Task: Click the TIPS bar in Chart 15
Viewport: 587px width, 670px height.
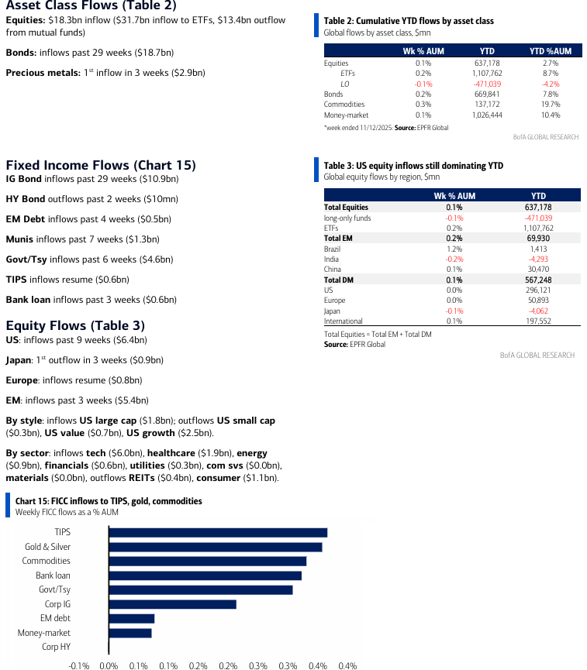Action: tap(218, 532)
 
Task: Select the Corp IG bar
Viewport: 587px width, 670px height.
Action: tap(172, 604)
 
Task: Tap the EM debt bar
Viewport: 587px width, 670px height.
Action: tap(132, 618)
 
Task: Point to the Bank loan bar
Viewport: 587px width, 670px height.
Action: tap(205, 576)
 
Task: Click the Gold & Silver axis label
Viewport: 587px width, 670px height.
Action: tap(47, 547)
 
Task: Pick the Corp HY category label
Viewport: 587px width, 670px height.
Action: tap(56, 647)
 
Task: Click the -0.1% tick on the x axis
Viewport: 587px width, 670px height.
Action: tap(79, 665)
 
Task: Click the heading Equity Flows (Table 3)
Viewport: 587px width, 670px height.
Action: tap(75, 325)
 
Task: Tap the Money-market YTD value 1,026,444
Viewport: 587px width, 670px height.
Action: tap(487, 115)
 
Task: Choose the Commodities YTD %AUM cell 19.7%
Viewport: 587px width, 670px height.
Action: tap(550, 105)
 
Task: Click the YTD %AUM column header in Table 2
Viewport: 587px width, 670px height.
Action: tap(550, 51)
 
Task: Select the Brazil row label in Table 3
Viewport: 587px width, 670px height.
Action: tap(333, 249)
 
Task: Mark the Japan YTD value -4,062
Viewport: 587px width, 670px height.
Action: tap(538, 311)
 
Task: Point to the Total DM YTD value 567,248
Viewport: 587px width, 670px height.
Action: tap(538, 280)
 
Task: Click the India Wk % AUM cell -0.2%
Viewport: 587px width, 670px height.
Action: tap(454, 259)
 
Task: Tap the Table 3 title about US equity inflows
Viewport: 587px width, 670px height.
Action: tap(413, 166)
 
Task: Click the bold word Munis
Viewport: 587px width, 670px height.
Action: tap(19, 239)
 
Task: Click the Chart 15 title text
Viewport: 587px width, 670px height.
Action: tap(109, 501)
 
